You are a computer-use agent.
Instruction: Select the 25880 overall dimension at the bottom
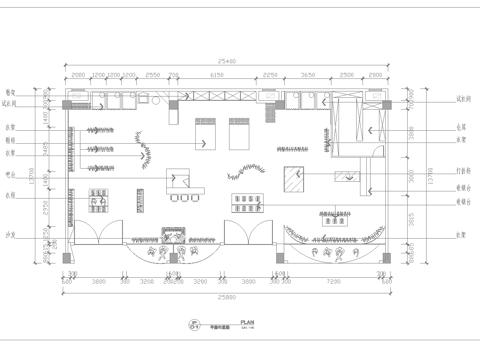point(224,298)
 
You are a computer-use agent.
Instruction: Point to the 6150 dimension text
point(216,75)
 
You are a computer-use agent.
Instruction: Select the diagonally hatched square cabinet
point(297,177)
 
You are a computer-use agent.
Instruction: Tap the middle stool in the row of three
point(185,198)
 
